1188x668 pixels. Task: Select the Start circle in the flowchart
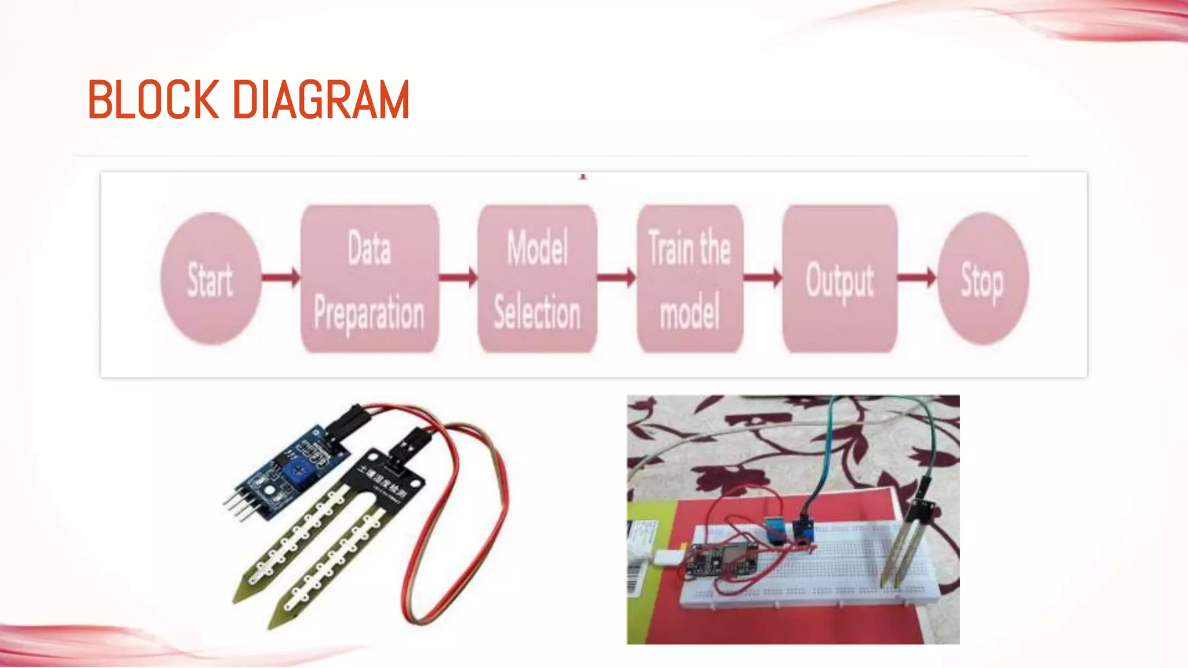[x=210, y=279]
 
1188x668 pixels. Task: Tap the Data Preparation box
[x=370, y=279]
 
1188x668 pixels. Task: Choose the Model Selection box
[x=537, y=279]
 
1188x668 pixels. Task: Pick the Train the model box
[x=690, y=279]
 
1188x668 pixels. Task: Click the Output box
[x=839, y=279]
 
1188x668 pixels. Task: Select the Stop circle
[x=982, y=279]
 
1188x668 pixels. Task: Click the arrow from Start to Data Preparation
[x=281, y=278]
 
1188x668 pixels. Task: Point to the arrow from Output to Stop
[x=917, y=278]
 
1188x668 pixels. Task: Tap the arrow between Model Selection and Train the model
[x=617, y=278]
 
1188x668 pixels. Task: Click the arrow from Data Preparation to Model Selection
[x=458, y=278]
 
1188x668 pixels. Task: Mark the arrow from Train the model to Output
[x=763, y=278]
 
